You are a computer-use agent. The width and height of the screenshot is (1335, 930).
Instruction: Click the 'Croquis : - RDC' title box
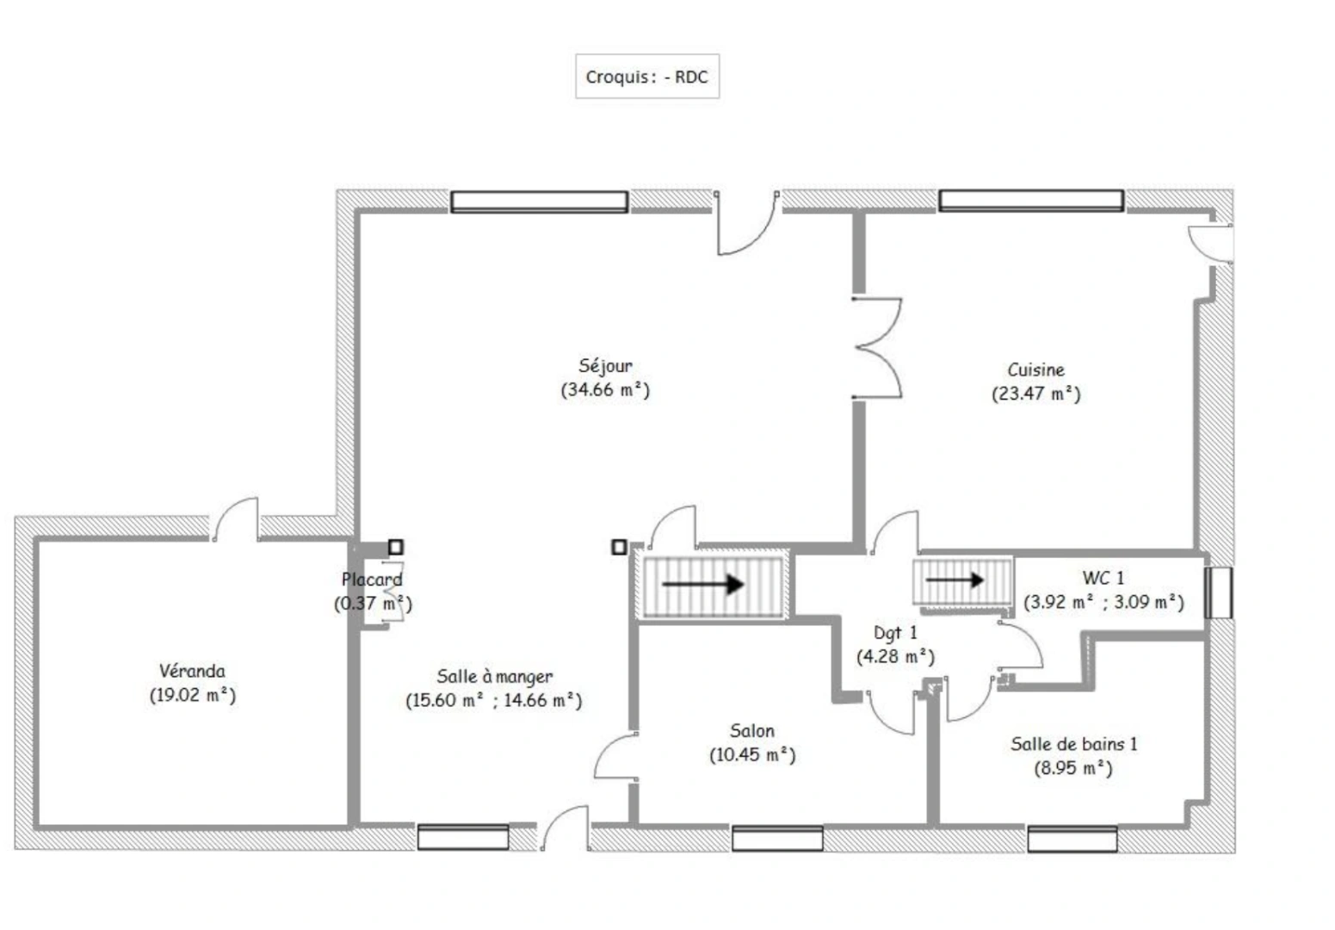(646, 77)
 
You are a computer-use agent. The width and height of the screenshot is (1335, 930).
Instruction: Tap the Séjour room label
(605, 366)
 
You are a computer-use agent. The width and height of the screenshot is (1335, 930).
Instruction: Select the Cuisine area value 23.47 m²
(1035, 394)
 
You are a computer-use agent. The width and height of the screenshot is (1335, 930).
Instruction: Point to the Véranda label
(192, 671)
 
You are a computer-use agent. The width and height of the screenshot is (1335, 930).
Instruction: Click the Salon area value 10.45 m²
(752, 755)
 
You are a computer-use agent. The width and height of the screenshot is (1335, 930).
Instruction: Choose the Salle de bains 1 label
(1073, 744)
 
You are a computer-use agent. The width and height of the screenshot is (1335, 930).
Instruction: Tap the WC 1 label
(1103, 578)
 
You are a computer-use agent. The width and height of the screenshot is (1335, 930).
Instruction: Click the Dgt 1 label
(895, 633)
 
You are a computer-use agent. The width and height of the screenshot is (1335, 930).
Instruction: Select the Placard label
(372, 580)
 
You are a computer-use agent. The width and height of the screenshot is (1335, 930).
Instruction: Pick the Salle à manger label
(494, 677)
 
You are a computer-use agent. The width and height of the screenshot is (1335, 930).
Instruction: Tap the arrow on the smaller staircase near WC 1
(955, 580)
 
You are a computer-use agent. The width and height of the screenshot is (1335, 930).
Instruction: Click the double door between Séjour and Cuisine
(878, 348)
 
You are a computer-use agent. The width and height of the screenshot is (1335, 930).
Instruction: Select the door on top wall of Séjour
(745, 226)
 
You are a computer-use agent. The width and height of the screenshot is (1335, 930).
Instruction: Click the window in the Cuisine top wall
(1030, 201)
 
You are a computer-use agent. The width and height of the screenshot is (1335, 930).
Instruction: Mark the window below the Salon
(777, 837)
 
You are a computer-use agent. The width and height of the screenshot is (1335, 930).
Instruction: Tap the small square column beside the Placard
(395, 547)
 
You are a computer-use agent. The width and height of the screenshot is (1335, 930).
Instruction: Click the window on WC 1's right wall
(1218, 592)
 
